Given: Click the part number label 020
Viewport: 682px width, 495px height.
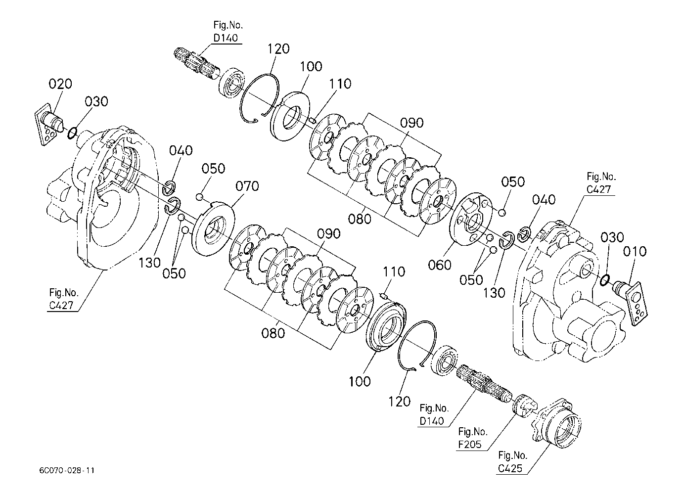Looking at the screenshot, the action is [x=60, y=84].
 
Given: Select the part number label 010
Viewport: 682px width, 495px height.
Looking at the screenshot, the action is [x=635, y=252].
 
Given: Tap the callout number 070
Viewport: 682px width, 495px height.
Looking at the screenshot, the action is [x=247, y=186].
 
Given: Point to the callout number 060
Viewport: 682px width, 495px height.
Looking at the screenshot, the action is [x=439, y=265].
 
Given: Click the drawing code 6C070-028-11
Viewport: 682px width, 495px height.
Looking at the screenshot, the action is [x=67, y=471].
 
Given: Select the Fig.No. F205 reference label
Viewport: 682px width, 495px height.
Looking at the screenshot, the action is [x=472, y=438].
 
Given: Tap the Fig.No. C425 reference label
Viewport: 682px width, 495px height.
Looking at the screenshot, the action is [x=512, y=462].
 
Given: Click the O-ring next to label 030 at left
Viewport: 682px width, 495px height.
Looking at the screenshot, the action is [x=72, y=133].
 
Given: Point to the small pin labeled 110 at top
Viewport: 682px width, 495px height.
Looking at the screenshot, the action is [x=313, y=120].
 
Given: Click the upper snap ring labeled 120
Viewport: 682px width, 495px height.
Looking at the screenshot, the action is [x=260, y=98].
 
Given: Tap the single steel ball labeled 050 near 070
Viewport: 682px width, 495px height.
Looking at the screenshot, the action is [x=199, y=197].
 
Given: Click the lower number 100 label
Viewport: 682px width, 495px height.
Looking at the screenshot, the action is [x=360, y=382].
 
